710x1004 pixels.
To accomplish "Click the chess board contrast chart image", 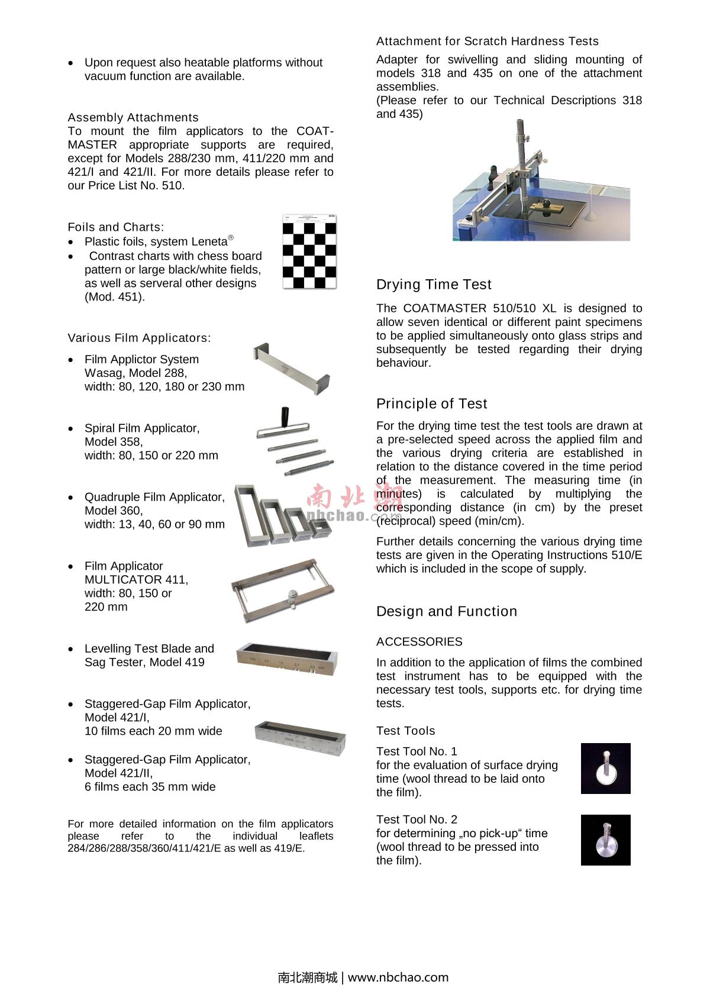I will tap(309, 252).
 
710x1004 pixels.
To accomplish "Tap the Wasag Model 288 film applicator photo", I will tap(291, 370).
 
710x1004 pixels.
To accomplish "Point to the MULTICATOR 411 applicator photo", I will tap(283, 590).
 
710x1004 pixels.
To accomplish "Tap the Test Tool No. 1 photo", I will tap(605, 769).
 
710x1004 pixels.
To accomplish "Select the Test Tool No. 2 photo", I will tap(605, 840).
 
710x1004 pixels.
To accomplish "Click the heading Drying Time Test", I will tap(434, 285).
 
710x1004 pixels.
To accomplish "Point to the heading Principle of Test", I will tap(431, 403).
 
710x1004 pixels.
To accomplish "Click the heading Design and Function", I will tap(446, 611).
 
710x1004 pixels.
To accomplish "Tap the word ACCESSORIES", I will tap(419, 642).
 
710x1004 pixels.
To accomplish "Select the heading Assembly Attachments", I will tap(133, 117).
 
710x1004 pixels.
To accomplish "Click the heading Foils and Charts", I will tap(116, 227).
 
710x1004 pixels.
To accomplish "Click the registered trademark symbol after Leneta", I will tap(231, 238).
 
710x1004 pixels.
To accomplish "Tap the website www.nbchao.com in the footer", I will tap(398, 977).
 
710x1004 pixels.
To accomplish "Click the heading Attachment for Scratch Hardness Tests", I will tap(487, 41).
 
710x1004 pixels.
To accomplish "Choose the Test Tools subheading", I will tap(405, 731).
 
